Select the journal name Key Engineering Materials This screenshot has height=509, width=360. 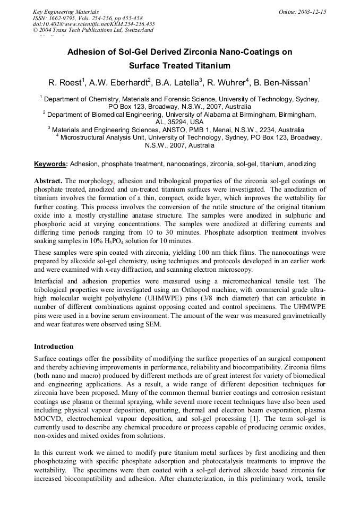(66, 12)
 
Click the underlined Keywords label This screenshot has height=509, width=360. (50, 164)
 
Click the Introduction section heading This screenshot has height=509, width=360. (54, 346)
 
